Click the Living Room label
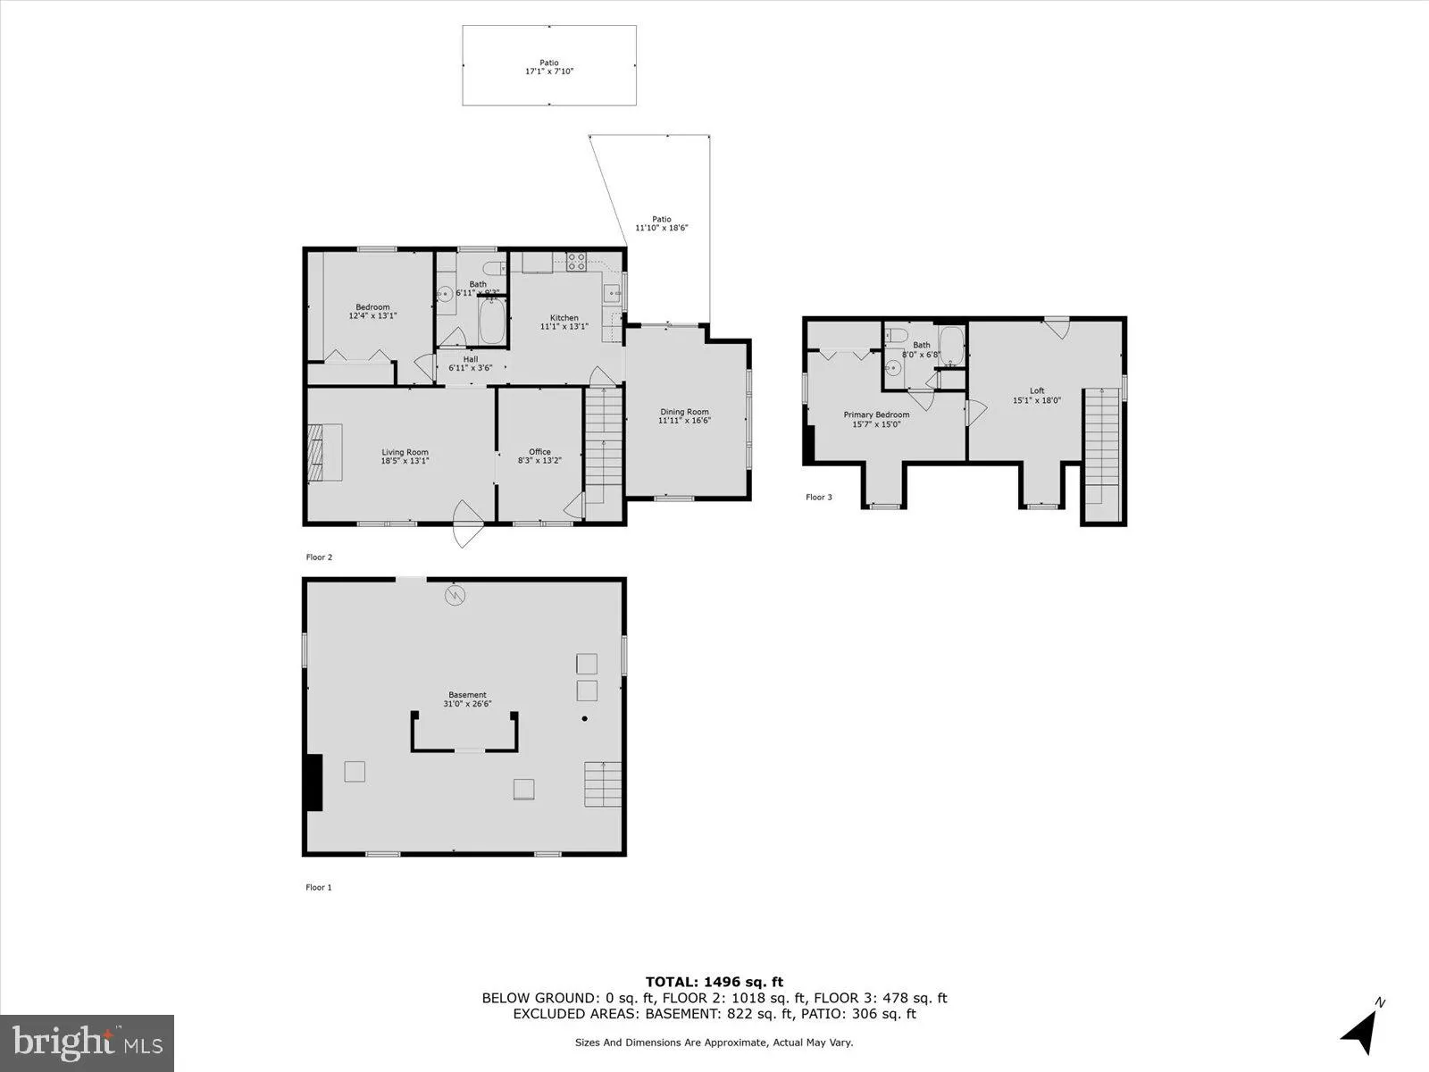[x=405, y=452]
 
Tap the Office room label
[x=539, y=452]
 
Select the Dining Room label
[x=684, y=412]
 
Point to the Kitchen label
[x=564, y=318]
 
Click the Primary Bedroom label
[x=876, y=415]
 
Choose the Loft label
[x=1036, y=390]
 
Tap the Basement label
[x=467, y=695]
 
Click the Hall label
[x=470, y=359]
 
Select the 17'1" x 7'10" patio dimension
[x=548, y=71]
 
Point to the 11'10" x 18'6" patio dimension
[x=661, y=228]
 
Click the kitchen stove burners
[x=577, y=262]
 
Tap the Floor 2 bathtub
[x=493, y=322]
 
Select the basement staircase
[x=603, y=783]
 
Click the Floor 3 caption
[x=819, y=497]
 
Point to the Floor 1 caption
[x=319, y=887]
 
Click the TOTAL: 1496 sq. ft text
[x=714, y=982]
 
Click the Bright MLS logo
[x=88, y=1042]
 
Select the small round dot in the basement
[x=585, y=718]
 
